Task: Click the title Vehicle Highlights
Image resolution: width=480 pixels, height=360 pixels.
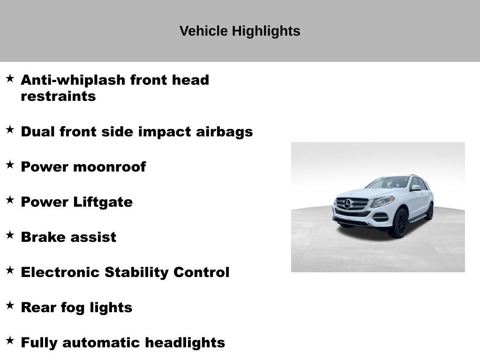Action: [240, 31]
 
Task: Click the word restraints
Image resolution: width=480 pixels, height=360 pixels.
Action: [58, 96]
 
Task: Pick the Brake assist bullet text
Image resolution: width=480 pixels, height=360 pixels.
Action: [68, 237]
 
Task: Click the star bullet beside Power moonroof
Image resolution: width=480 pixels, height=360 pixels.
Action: [10, 165]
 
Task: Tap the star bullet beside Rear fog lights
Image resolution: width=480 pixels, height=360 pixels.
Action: [10, 305]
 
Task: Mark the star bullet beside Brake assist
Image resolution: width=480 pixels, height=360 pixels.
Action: [10, 235]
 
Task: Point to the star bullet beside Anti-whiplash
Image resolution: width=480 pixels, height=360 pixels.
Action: [10, 78]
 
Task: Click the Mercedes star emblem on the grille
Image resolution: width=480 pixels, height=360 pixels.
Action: [347, 204]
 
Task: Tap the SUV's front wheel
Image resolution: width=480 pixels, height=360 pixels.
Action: [399, 223]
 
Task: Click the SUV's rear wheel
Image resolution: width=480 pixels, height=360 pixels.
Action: [429, 211]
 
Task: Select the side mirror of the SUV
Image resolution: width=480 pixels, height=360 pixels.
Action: [416, 187]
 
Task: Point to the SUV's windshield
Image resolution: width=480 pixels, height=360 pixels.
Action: [389, 182]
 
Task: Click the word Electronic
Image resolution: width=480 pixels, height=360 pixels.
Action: [60, 272]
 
